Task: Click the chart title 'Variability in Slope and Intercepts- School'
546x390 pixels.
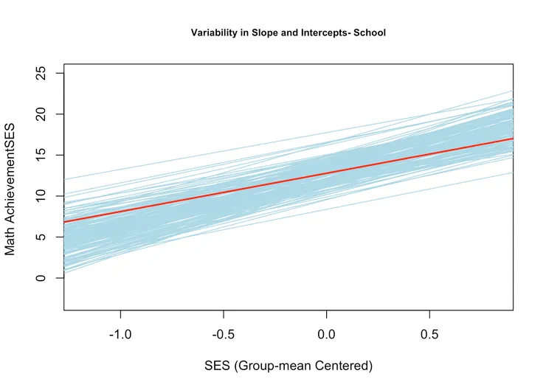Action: pos(288,32)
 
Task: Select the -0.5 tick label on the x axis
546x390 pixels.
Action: pos(223,334)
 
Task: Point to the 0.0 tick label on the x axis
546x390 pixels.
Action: pos(327,334)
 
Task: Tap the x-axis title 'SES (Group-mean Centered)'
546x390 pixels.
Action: pos(288,366)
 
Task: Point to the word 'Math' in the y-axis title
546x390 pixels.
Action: pos(10,241)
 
